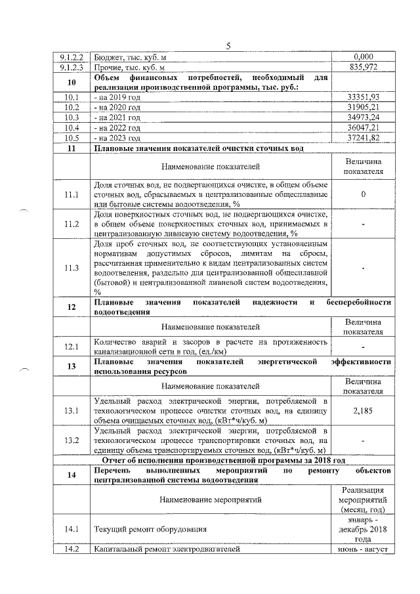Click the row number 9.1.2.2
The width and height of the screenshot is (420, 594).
[72, 58]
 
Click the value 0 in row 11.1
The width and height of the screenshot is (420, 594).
[363, 195]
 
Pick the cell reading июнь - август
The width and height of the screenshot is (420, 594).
[363, 549]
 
